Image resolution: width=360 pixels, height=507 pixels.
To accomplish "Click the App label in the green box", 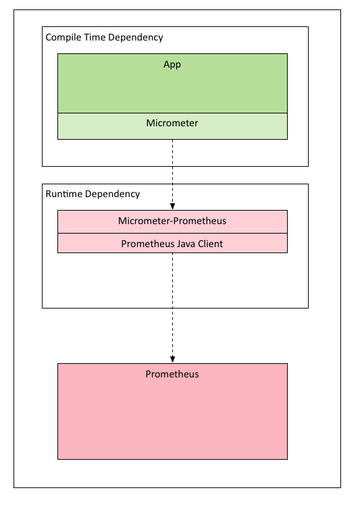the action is (x=172, y=64).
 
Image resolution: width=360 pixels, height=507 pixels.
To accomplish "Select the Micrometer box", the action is (x=172, y=126).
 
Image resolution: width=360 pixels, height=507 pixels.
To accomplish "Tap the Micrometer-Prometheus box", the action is (x=172, y=221).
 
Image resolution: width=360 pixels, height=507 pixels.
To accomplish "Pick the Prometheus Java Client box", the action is (x=172, y=243).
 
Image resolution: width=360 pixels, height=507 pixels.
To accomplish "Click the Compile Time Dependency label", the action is (x=104, y=38).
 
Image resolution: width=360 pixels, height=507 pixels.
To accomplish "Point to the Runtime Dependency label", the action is (x=93, y=194).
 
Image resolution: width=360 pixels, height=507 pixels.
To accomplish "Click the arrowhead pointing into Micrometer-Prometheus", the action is (x=172, y=207).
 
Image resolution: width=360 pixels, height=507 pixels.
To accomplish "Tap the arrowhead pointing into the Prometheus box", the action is (x=172, y=360).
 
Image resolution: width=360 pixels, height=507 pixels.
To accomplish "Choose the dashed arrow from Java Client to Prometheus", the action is (x=172, y=308).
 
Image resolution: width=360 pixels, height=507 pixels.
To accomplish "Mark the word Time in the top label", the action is (x=95, y=37).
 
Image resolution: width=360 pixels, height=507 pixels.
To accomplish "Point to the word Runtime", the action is (x=64, y=194).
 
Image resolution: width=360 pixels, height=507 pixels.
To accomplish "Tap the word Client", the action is (x=211, y=244).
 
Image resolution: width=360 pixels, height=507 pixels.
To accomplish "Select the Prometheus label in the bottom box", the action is (x=172, y=374).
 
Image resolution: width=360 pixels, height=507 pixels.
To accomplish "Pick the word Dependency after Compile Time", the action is (x=136, y=38).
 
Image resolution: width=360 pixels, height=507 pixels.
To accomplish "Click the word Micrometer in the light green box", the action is (x=172, y=123).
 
